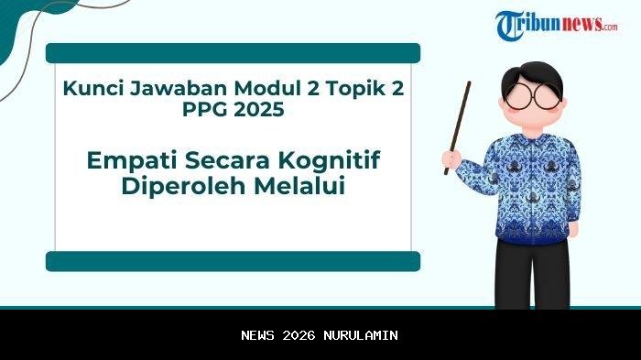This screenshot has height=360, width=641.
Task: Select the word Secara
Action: click(x=216, y=161)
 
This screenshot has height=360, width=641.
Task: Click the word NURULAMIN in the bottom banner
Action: click(x=362, y=335)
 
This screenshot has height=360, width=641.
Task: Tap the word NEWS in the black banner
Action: click(x=259, y=335)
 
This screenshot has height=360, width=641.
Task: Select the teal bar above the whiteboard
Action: click(x=233, y=53)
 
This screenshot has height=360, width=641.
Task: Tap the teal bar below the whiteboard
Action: click(x=233, y=262)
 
